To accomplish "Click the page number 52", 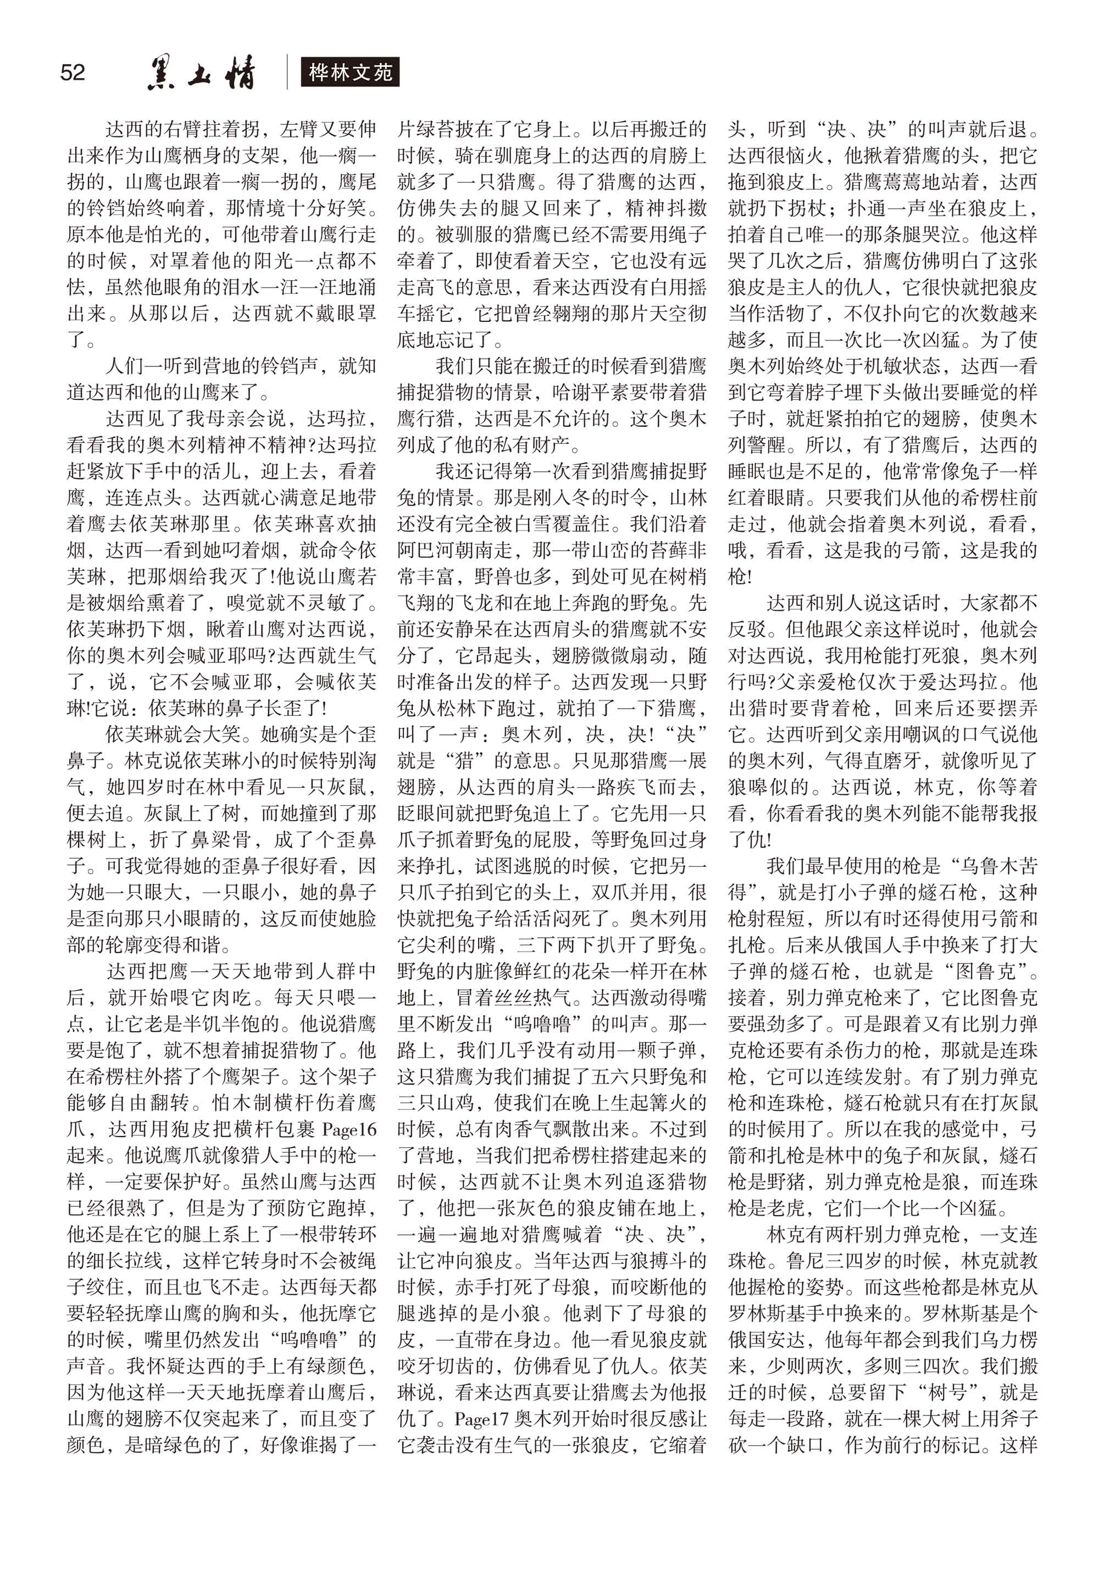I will point(73,73).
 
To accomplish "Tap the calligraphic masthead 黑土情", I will point(201,73).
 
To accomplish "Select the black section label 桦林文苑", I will point(350,73).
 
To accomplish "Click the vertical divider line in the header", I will point(287,73).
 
